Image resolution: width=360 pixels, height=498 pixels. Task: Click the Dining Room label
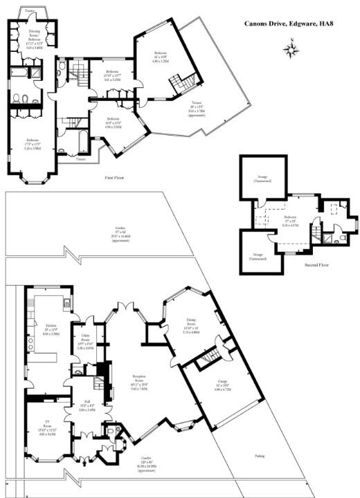(x=190, y=324)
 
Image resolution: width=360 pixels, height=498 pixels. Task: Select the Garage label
(x=213, y=385)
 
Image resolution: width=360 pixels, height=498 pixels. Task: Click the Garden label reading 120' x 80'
(x=146, y=461)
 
